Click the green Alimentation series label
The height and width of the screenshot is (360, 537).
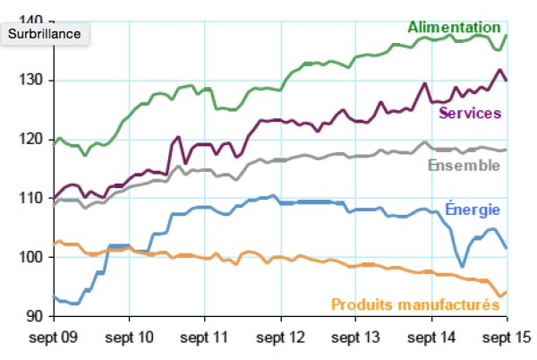454,28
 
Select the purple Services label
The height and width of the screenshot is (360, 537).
469,113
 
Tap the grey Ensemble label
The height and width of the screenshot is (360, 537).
464,166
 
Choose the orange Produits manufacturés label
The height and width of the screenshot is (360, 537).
415,304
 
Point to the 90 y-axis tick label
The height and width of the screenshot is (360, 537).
34,316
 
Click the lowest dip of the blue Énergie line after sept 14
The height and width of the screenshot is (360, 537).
462,266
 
